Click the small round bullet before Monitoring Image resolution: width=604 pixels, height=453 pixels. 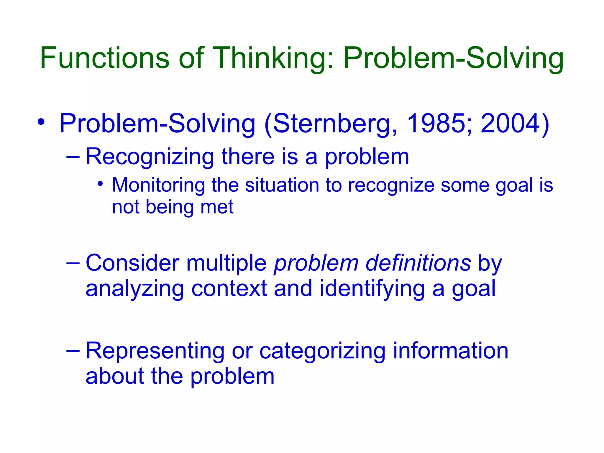point(100,184)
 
